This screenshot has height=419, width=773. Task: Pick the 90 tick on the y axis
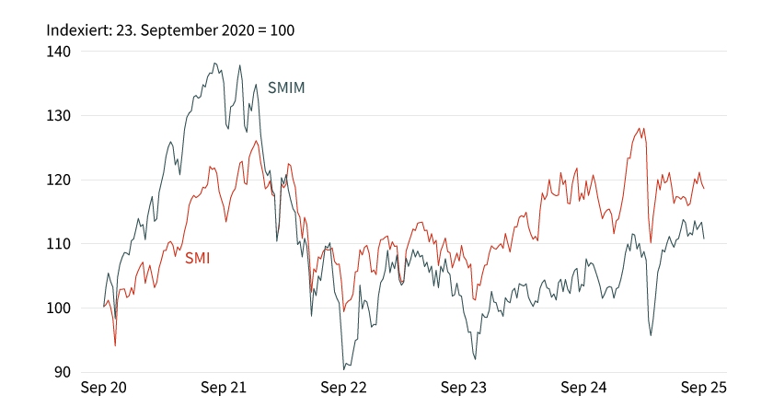click(x=62, y=372)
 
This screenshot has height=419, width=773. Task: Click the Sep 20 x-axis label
click(x=104, y=389)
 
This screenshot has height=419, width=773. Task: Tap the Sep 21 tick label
click(x=224, y=389)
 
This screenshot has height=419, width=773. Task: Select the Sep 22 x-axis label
click(x=343, y=389)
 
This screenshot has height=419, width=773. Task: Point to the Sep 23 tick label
click(x=464, y=389)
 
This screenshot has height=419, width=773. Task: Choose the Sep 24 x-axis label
click(x=583, y=389)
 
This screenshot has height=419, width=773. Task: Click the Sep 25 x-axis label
click(x=703, y=389)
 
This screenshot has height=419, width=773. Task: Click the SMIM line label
click(x=286, y=88)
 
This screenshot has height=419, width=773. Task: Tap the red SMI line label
click(x=197, y=259)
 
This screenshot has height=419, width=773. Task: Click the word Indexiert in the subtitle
click(x=78, y=30)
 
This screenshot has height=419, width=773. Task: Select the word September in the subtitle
click(x=179, y=30)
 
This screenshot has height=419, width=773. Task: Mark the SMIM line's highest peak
click(x=214, y=64)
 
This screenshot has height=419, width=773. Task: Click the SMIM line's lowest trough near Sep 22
click(x=344, y=369)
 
